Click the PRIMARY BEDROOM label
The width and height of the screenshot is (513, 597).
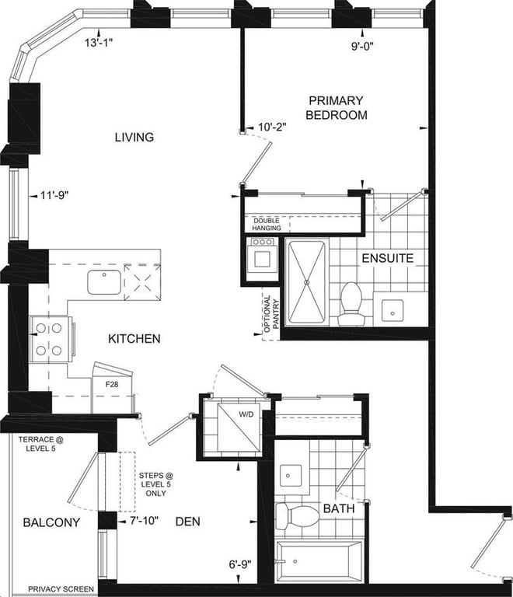coord(337,108)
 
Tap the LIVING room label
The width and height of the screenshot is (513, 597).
coord(134,137)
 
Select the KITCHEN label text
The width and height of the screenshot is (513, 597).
coord(134,338)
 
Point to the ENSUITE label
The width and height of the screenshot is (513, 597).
coord(387,258)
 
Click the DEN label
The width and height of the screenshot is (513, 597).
coord(187,522)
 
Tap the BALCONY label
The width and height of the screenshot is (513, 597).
coord(52,522)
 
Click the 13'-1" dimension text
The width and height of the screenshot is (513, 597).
coord(99,43)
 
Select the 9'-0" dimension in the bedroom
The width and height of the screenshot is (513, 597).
coord(362,46)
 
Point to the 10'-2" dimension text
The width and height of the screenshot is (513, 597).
coord(272,127)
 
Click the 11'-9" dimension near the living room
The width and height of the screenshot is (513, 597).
coord(54,195)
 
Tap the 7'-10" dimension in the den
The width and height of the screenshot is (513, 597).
coord(144,521)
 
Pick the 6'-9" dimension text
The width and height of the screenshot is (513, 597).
coord(240,564)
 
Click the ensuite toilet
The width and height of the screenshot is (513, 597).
coord(351,304)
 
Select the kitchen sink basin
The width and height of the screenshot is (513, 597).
coord(104,282)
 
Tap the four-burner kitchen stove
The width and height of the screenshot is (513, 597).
coord(50,339)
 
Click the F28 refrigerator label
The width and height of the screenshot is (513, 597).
coord(112,385)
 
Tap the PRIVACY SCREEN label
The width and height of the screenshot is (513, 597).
coord(61,589)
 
